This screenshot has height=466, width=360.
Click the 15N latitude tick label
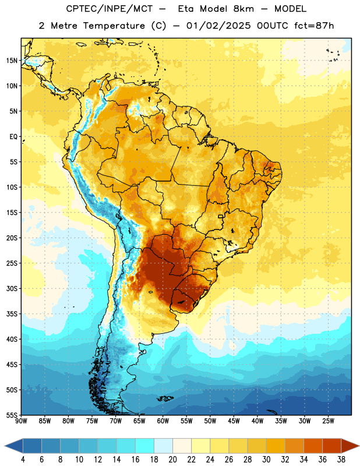12,61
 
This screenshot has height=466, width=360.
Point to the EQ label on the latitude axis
13,137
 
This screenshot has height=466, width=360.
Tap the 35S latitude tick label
12,314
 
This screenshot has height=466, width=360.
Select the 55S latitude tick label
12,415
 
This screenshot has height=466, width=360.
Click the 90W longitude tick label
21,421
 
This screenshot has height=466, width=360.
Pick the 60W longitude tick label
163,421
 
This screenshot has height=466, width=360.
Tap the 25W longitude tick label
328,421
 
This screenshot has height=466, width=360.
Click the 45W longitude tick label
234,421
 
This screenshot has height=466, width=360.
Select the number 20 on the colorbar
172,460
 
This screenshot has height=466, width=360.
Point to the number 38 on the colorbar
341,460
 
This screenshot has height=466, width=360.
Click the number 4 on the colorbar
23,460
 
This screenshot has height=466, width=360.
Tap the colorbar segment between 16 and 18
145,446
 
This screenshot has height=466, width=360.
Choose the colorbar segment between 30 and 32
276,446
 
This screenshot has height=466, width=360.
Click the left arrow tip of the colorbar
5,446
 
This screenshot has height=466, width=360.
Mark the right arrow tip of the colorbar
359,446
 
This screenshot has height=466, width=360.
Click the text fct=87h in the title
314,26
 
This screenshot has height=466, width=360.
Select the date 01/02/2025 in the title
218,26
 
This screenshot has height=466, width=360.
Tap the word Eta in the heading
186,9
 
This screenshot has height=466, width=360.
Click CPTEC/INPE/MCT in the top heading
110,9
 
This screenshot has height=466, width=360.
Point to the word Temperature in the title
114,26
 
